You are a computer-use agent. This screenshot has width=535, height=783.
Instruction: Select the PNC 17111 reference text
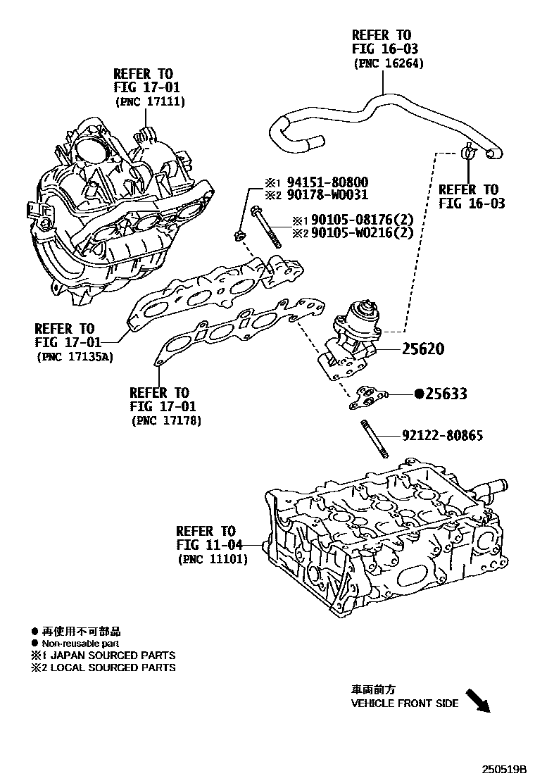(x=149, y=101)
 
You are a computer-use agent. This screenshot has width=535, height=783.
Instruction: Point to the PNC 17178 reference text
(x=166, y=421)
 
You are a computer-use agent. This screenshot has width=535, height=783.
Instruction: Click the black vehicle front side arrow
(x=479, y=701)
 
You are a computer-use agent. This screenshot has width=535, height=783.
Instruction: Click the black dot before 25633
(x=418, y=394)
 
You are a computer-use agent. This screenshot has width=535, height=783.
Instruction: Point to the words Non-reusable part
(x=80, y=644)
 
